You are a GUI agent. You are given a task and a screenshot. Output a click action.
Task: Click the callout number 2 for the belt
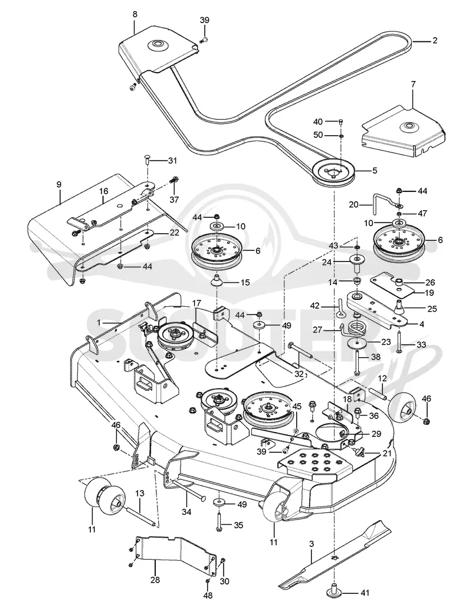pos(435,40)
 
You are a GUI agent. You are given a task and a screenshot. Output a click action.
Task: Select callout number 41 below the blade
pos(365,593)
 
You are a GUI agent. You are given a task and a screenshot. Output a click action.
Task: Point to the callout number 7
pos(413,84)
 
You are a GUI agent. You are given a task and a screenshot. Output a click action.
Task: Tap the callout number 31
pos(172,161)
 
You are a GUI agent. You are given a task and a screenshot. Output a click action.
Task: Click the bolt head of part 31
pos(146,157)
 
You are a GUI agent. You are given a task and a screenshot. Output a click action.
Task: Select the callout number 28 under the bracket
pos(155,580)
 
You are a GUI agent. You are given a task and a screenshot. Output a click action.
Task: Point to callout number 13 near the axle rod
pos(139,494)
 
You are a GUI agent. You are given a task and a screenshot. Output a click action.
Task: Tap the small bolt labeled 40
pos(341,122)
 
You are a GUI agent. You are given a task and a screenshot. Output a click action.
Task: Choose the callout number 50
pos(318,135)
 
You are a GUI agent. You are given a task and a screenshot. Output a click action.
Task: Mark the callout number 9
pos(59,184)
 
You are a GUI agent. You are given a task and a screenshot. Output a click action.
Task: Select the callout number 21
pos(386,453)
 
